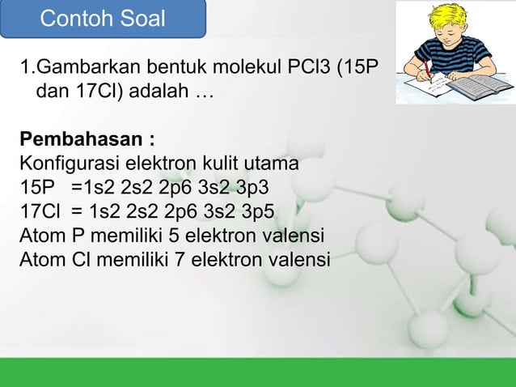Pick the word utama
[x=273, y=164]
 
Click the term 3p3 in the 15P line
[x=253, y=189]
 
